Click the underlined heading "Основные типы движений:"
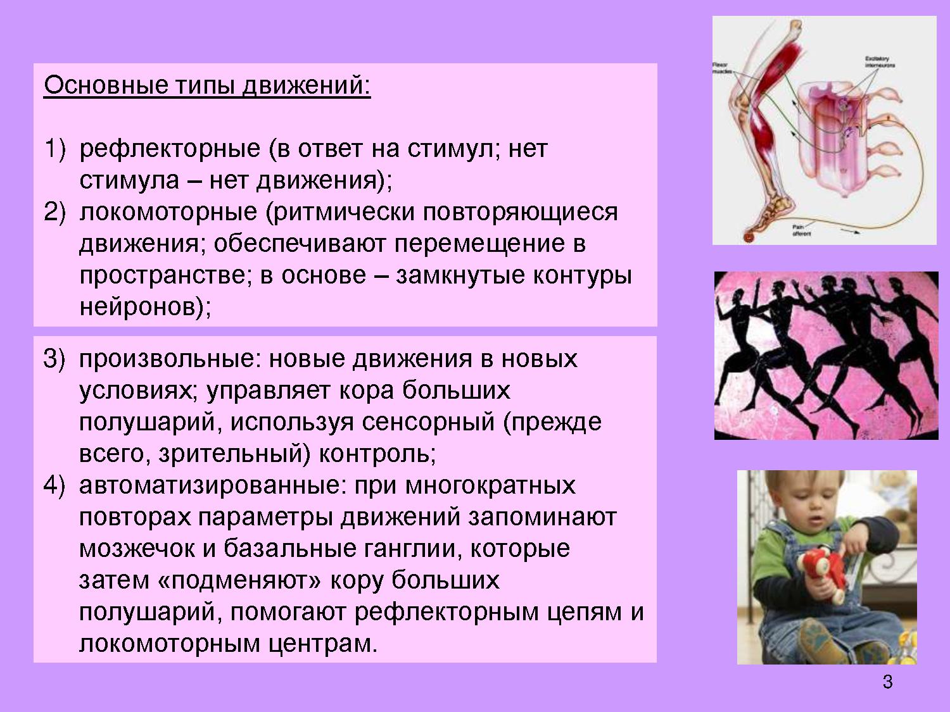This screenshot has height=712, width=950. tap(207, 85)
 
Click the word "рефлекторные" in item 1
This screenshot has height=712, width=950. tap(170, 149)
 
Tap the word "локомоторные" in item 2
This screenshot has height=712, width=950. tap(168, 212)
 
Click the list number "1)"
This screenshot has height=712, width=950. tap(54, 149)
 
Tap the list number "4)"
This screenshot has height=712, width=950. tap(54, 485)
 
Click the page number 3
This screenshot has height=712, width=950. tap(887, 682)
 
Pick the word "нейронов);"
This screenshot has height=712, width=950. tap(145, 307)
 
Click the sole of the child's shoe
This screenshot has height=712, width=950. tap(823, 642)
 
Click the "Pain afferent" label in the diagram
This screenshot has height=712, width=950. tap(801, 230)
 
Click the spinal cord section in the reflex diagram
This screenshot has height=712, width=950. tap(830, 139)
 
